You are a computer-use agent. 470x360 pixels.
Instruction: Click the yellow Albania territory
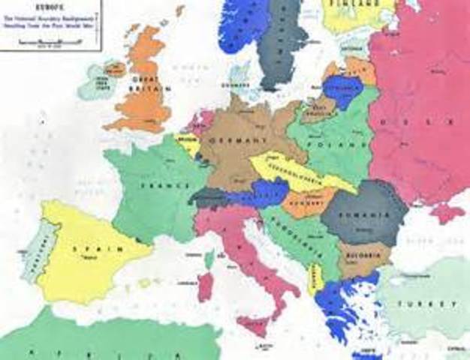point(316,278)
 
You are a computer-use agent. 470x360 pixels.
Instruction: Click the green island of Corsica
point(209,259)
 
